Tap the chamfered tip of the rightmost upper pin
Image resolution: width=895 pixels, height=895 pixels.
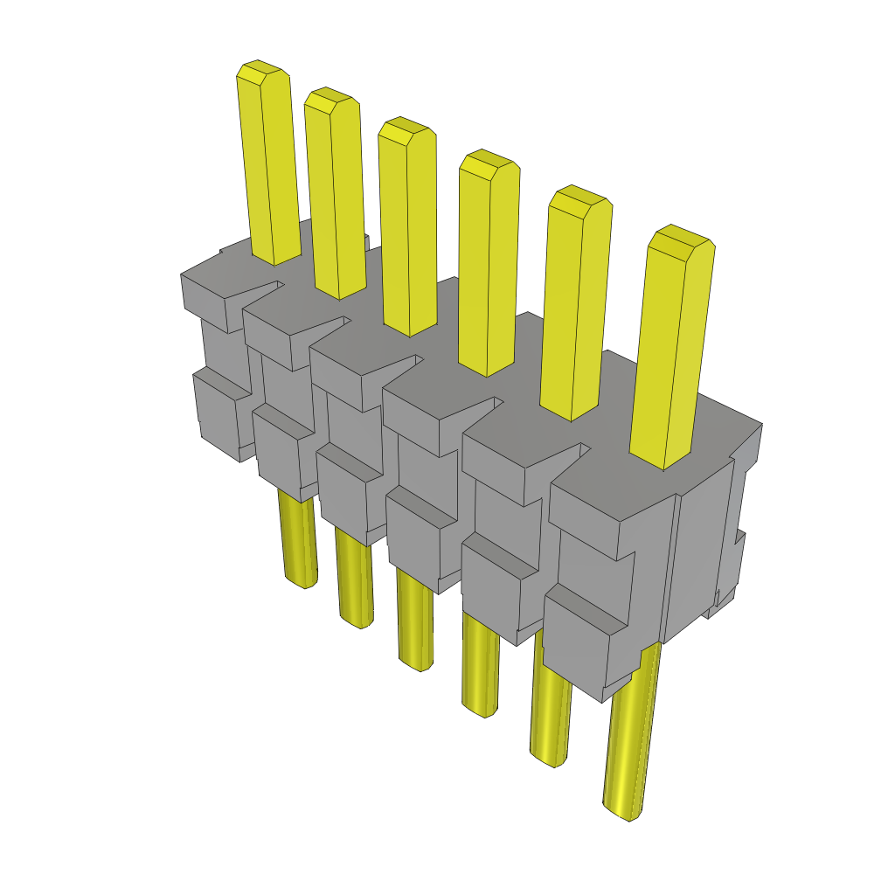click(x=681, y=240)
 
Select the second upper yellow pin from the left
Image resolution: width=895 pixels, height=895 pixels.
click(x=335, y=192)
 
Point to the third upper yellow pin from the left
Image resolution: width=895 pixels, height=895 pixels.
click(x=408, y=227)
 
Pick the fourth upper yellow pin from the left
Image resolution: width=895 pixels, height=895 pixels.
click(x=488, y=262)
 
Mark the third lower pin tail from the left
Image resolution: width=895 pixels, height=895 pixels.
click(x=415, y=621)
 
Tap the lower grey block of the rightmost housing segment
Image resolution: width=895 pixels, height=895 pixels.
click(x=586, y=647)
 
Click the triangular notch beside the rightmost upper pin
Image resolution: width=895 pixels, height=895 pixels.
click(x=568, y=459)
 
